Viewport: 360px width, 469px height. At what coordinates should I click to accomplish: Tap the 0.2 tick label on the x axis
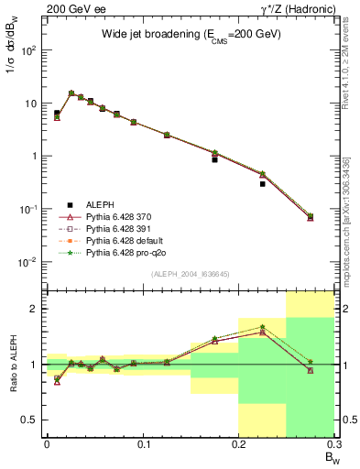[x=239, y=443]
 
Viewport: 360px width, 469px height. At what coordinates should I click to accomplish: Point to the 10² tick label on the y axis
[x=29, y=50]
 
